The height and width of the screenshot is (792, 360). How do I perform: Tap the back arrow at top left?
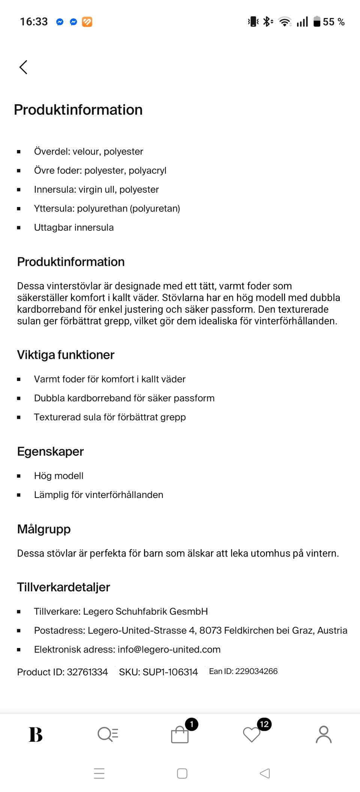tap(23, 67)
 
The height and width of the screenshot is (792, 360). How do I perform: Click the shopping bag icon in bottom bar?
tap(180, 734)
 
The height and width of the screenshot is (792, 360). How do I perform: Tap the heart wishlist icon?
tap(251, 734)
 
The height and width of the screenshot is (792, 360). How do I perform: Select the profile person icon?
tap(324, 734)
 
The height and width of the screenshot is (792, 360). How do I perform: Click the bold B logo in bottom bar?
tap(36, 734)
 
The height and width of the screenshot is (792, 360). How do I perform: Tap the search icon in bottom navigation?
tap(108, 734)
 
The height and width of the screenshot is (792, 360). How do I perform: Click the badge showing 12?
tap(264, 724)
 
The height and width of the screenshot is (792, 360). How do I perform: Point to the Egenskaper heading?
tap(50, 451)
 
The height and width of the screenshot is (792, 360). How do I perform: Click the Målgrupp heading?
tap(44, 529)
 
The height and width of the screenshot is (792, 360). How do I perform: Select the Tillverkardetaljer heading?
tap(63, 587)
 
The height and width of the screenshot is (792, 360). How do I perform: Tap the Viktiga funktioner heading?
tap(66, 355)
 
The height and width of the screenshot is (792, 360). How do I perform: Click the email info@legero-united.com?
tap(169, 649)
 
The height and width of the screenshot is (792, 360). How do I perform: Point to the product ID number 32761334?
tap(87, 672)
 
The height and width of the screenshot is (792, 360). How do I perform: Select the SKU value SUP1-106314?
tap(170, 672)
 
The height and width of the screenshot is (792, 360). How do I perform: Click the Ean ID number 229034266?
tap(256, 671)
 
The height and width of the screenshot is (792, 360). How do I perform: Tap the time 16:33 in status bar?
tap(34, 22)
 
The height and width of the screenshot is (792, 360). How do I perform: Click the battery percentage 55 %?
tap(333, 22)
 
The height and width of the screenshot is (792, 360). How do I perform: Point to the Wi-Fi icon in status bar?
tap(285, 22)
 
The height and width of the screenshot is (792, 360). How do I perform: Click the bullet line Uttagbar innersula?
tap(74, 228)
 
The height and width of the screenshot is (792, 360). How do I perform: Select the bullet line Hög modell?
tap(59, 476)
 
